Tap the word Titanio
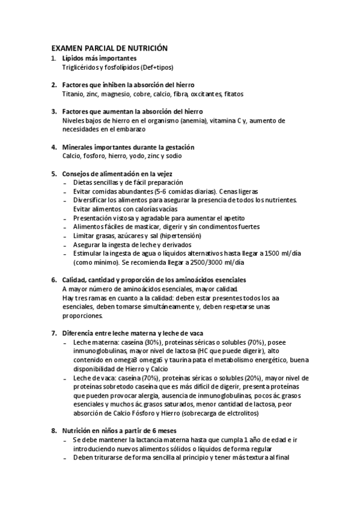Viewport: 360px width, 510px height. [x=73, y=94]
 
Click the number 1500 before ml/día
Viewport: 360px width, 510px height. [x=269, y=254]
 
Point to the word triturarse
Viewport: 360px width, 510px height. [x=106, y=457]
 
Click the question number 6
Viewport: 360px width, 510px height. [x=53, y=280]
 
